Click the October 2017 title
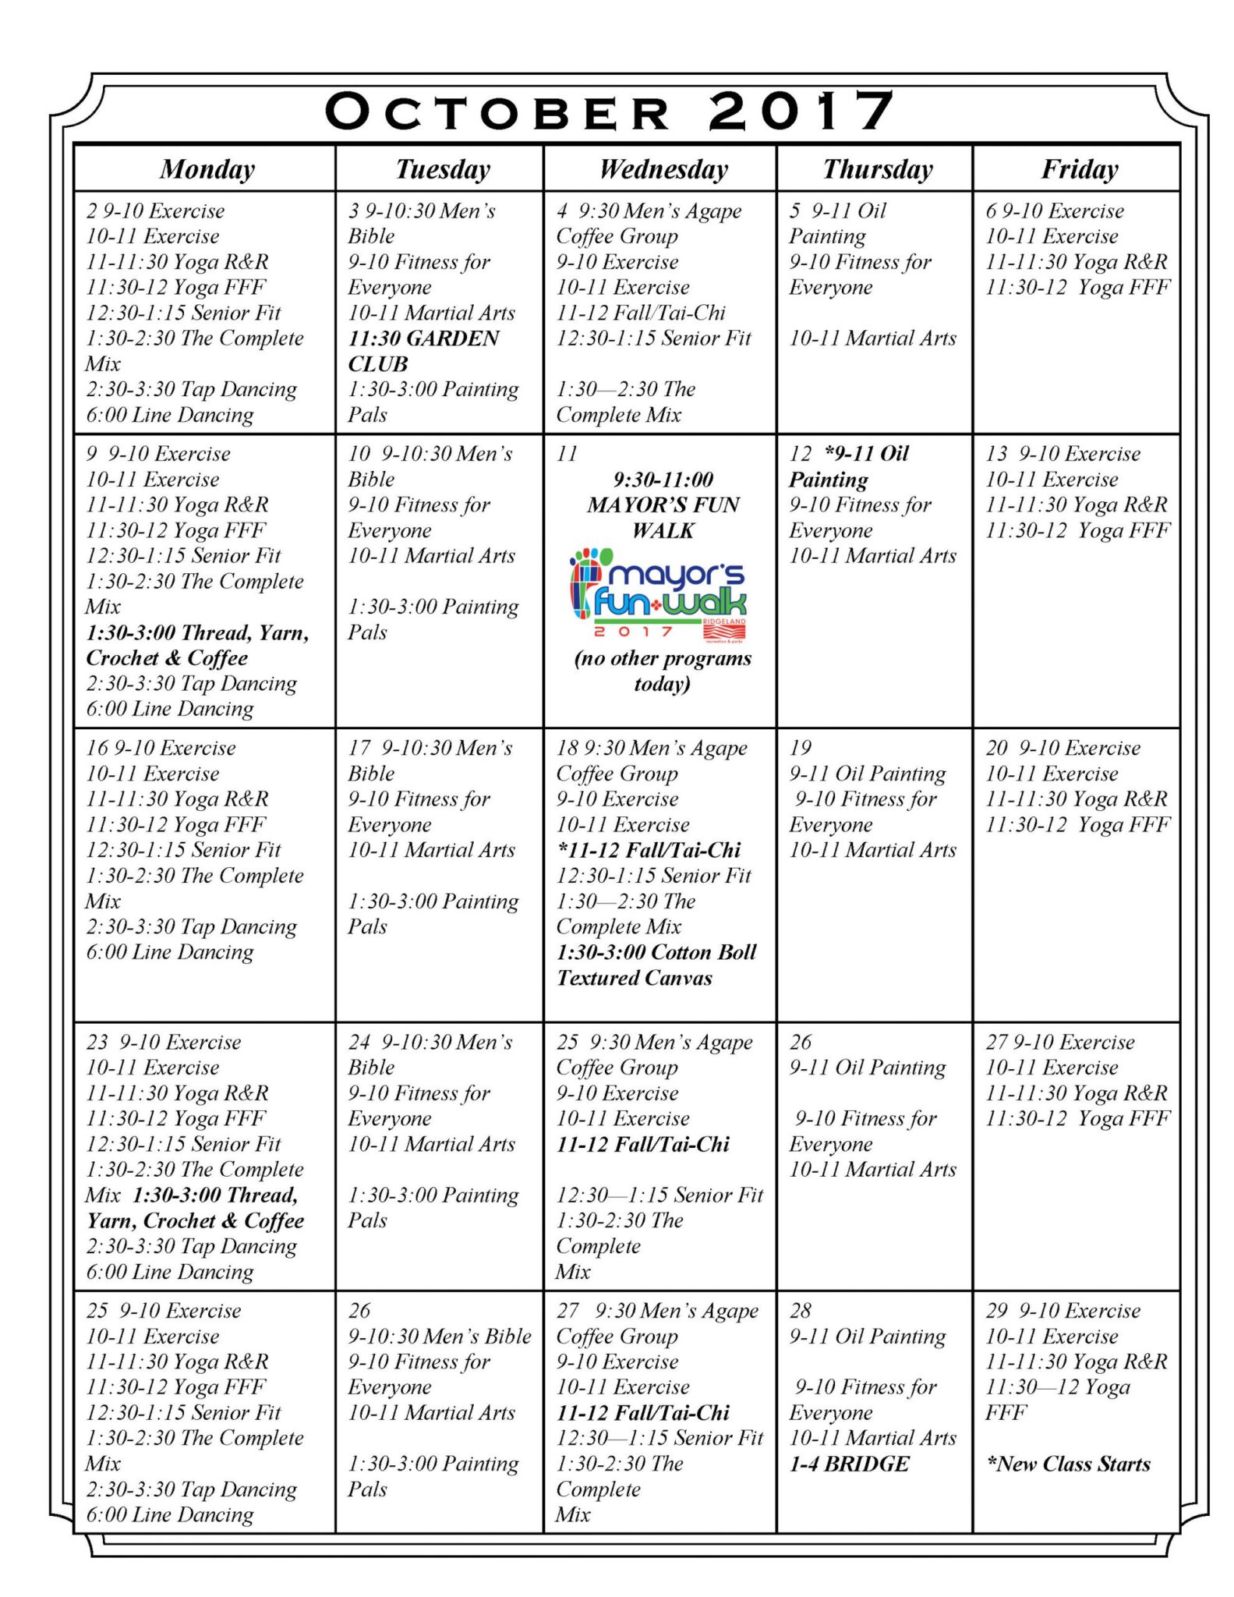click(610, 112)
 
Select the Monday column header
click(207, 169)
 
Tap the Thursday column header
click(877, 169)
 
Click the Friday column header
click(1080, 169)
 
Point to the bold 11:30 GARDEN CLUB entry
click(423, 351)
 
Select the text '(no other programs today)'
click(662, 671)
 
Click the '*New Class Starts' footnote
click(1068, 1464)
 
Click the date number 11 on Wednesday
click(567, 454)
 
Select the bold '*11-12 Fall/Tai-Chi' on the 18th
click(649, 850)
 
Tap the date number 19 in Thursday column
click(801, 748)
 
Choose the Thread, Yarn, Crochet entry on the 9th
click(197, 645)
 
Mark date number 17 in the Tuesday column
click(359, 748)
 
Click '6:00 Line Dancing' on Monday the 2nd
click(170, 415)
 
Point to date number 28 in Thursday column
click(801, 1311)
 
